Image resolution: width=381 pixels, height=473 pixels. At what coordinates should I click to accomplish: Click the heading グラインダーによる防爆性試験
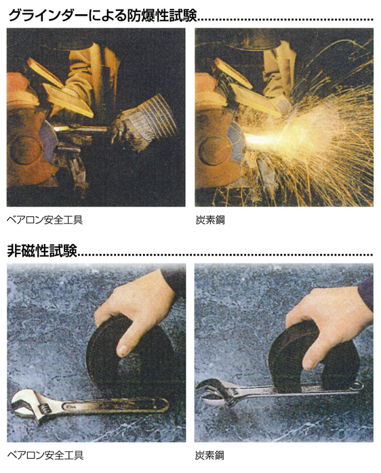click(x=102, y=16)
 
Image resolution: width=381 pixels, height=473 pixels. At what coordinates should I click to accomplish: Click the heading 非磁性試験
click(x=42, y=251)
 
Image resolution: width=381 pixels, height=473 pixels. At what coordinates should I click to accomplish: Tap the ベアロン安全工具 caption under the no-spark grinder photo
click(x=45, y=220)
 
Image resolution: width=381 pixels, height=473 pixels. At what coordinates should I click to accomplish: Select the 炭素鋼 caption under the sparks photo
click(x=210, y=220)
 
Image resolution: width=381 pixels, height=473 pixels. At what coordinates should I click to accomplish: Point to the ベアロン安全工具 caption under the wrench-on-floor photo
click(x=45, y=455)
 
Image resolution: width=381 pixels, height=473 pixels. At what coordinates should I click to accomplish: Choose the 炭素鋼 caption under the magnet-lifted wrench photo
click(x=209, y=455)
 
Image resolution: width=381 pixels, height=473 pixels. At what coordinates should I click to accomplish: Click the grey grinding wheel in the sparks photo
click(x=237, y=142)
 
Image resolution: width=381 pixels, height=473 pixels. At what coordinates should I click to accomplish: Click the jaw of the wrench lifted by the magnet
click(x=212, y=392)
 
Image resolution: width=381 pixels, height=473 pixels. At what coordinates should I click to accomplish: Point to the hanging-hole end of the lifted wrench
click(x=356, y=386)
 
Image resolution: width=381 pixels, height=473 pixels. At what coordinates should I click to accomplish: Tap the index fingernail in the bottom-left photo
click(x=123, y=350)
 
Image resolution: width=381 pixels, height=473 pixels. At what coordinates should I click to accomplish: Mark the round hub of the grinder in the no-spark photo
click(x=26, y=150)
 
